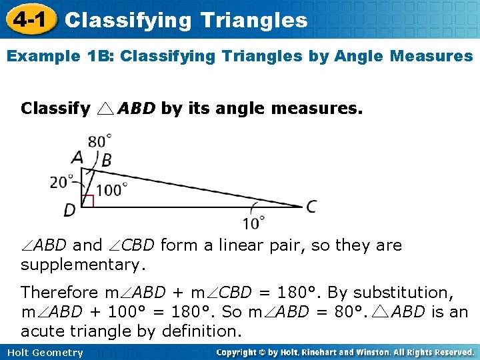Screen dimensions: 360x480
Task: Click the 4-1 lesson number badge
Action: click(x=27, y=19)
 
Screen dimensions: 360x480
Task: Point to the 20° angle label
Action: click(x=63, y=182)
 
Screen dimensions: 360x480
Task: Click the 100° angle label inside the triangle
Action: click(x=112, y=190)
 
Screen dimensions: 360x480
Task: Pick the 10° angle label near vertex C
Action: click(x=253, y=223)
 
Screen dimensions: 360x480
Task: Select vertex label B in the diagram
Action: click(x=106, y=160)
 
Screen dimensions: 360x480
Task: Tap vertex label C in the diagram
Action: click(x=311, y=207)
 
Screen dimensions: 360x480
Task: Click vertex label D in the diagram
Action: click(x=69, y=211)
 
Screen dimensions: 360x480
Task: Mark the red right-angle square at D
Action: click(x=87, y=201)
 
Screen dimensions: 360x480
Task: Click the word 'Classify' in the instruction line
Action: click(x=56, y=108)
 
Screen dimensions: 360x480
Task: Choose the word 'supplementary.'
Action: click(x=83, y=265)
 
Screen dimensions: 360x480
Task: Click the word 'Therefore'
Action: click(x=59, y=292)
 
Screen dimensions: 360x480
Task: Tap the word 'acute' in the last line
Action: click(x=42, y=331)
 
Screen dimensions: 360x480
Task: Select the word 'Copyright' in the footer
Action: click(x=241, y=353)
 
